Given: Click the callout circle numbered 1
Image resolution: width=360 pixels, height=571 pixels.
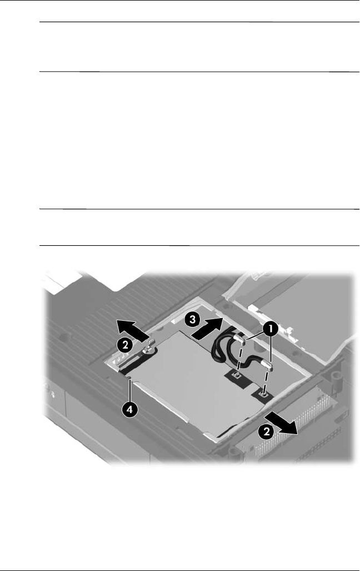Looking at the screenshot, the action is click(272, 329).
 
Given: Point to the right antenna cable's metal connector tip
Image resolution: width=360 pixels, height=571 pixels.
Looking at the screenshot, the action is click(269, 366).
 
